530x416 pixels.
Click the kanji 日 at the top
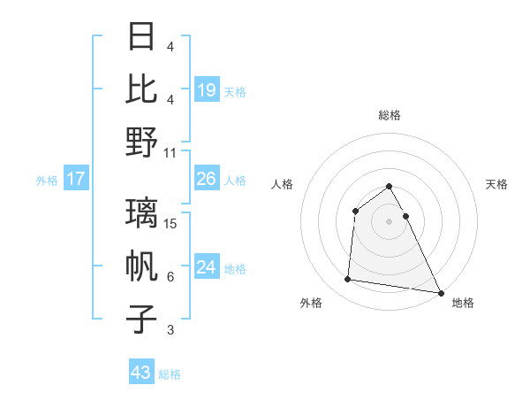tap(142, 37)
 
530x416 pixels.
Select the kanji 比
tap(142, 89)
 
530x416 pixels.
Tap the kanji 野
tap(142, 141)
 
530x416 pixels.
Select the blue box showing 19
tap(207, 89)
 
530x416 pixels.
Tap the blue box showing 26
tap(207, 179)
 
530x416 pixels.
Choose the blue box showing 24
tap(207, 267)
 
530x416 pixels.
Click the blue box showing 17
tap(76, 179)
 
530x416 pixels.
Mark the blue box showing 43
tap(141, 373)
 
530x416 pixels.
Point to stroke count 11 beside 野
tap(171, 151)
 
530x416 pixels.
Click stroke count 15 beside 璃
tap(171, 224)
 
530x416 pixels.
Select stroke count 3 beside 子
tap(170, 330)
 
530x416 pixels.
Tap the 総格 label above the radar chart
tap(389, 115)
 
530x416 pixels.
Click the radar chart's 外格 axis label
tap(311, 303)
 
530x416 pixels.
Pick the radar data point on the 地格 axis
tap(441, 292)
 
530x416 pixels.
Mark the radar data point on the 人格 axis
tap(355, 211)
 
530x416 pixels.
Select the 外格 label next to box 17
tap(47, 180)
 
